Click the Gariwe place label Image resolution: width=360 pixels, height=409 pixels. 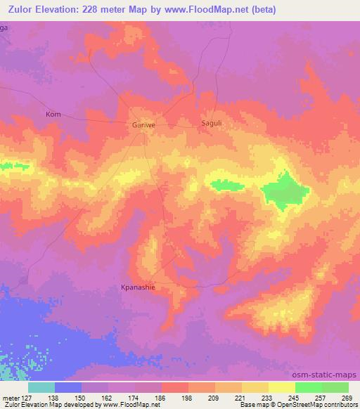pos(143,125)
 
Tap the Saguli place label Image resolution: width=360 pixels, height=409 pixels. pos(212,122)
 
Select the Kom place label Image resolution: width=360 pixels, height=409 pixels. pos(53,114)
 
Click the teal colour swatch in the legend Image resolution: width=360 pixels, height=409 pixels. pos(41,387)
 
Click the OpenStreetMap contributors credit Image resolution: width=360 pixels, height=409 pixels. pos(317,405)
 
